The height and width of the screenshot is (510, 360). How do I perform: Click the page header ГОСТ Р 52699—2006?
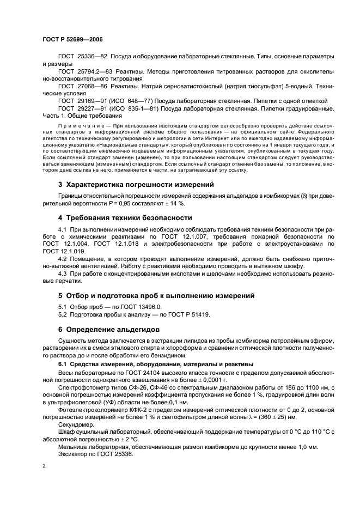72,40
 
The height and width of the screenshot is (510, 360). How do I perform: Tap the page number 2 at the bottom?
44,466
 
